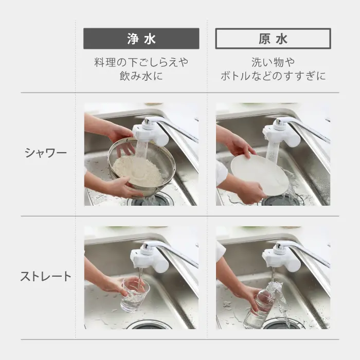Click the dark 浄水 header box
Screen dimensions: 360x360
click(141, 39)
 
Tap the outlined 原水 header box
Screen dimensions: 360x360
click(273, 39)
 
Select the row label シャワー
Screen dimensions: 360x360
click(46, 153)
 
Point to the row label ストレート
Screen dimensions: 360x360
click(46, 277)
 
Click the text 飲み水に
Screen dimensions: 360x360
click(141, 76)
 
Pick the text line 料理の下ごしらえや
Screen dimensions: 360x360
click(141, 62)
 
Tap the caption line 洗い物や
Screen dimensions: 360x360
click(273, 62)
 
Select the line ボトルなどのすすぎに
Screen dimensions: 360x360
click(273, 76)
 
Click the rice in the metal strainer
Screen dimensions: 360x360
click(138, 170)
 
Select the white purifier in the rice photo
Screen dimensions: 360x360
click(150, 133)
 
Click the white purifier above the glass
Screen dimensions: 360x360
click(149, 257)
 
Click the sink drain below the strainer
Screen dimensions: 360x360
click(149, 201)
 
